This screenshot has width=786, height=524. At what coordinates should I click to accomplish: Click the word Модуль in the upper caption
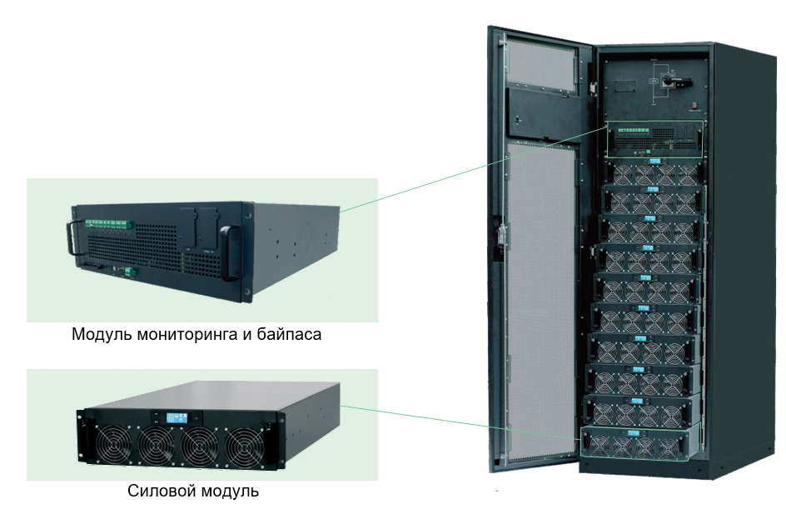click(97, 335)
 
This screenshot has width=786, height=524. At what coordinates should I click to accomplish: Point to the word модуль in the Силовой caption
click(227, 491)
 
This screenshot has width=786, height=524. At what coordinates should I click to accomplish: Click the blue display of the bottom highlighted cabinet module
click(638, 434)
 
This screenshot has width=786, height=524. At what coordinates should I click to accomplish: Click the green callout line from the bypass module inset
click(475, 167)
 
